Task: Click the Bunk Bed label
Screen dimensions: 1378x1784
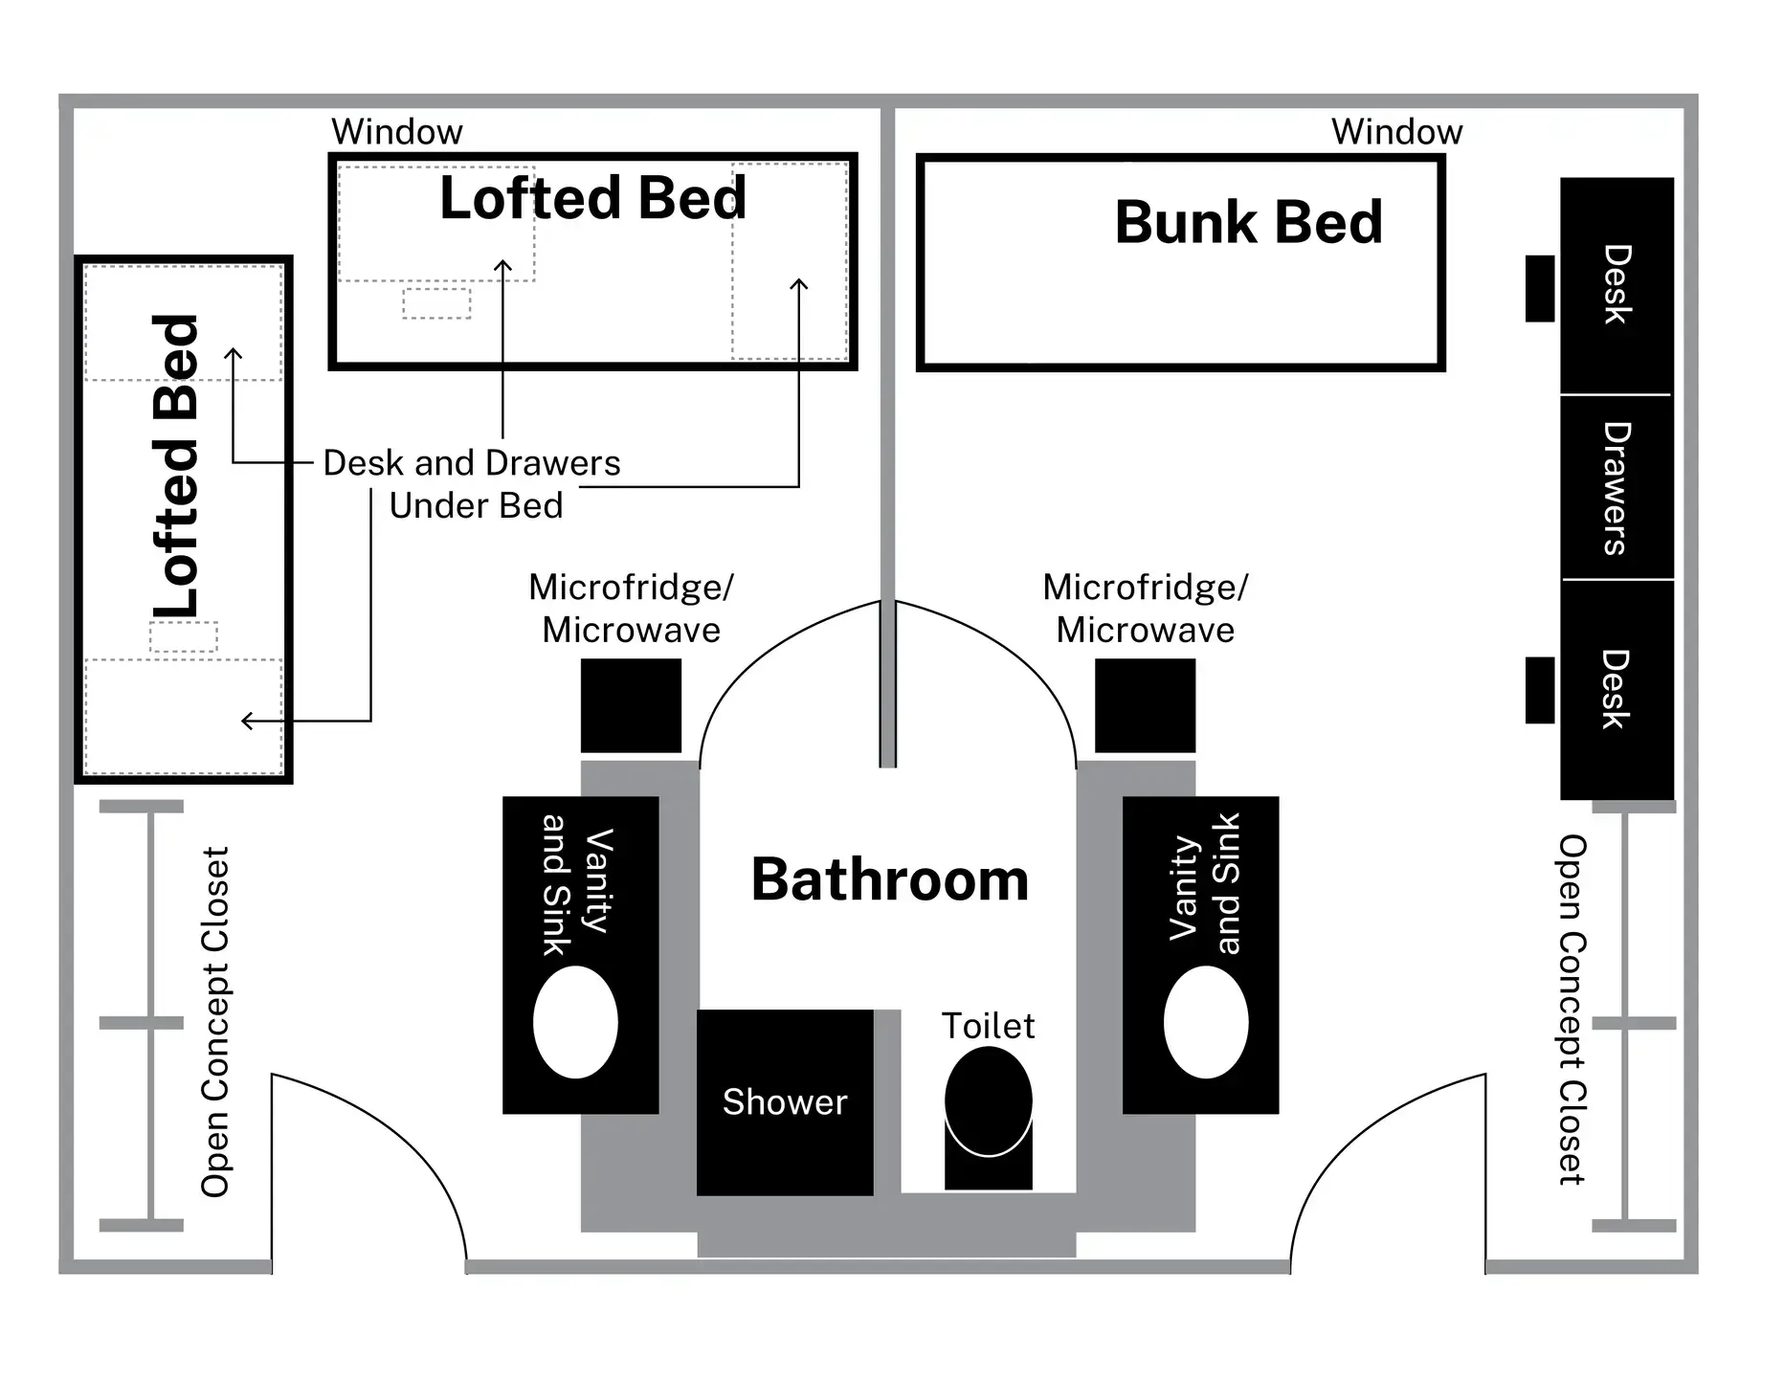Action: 1248,223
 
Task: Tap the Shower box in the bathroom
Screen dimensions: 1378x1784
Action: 785,1102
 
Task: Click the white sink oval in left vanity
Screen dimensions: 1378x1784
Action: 575,1022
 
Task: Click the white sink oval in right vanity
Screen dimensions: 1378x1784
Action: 1205,1022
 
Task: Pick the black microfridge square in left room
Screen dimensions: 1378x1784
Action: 631,705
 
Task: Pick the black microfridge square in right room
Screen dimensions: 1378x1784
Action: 1145,705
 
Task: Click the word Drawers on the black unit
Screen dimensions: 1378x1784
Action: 1617,488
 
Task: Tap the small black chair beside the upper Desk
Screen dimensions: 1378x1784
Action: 1539,288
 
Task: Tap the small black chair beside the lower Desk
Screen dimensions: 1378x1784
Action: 1539,690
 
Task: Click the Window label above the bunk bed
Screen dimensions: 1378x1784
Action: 1396,132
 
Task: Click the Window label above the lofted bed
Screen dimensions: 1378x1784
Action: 396,132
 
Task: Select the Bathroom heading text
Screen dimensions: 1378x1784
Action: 889,880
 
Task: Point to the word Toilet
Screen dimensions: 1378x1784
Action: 988,1027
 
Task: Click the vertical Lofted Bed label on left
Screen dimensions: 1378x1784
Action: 177,466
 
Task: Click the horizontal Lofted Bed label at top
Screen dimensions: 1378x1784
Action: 592,198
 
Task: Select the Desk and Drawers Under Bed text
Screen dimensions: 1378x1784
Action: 473,484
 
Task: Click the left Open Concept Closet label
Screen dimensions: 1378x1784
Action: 215,1022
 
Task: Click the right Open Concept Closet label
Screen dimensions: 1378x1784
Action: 1572,1010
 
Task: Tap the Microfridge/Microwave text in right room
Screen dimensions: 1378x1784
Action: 1145,609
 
